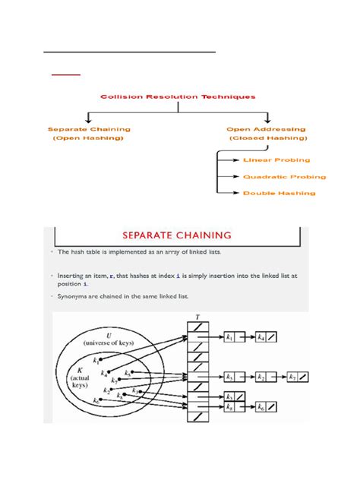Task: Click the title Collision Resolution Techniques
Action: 179,96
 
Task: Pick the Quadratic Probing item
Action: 284,177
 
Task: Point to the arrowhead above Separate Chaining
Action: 90,120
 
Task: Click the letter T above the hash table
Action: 197,318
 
